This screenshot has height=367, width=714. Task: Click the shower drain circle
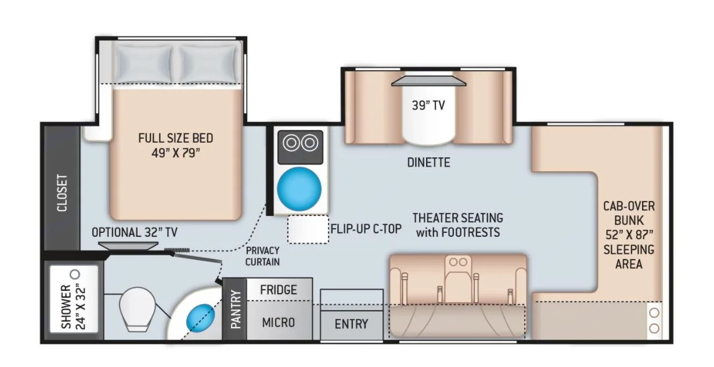tap(75, 274)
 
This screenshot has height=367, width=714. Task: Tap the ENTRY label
tap(351, 323)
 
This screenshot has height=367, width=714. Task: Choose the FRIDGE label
tap(279, 289)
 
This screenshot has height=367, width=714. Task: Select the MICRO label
tap(279, 322)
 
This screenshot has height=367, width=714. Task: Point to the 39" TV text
tap(428, 106)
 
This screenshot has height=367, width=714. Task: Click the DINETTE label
tap(428, 163)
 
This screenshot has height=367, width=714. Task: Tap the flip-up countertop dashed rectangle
tap(308, 229)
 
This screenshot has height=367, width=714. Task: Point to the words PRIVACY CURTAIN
tap(262, 256)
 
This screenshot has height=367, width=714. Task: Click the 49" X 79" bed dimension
tap(175, 153)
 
